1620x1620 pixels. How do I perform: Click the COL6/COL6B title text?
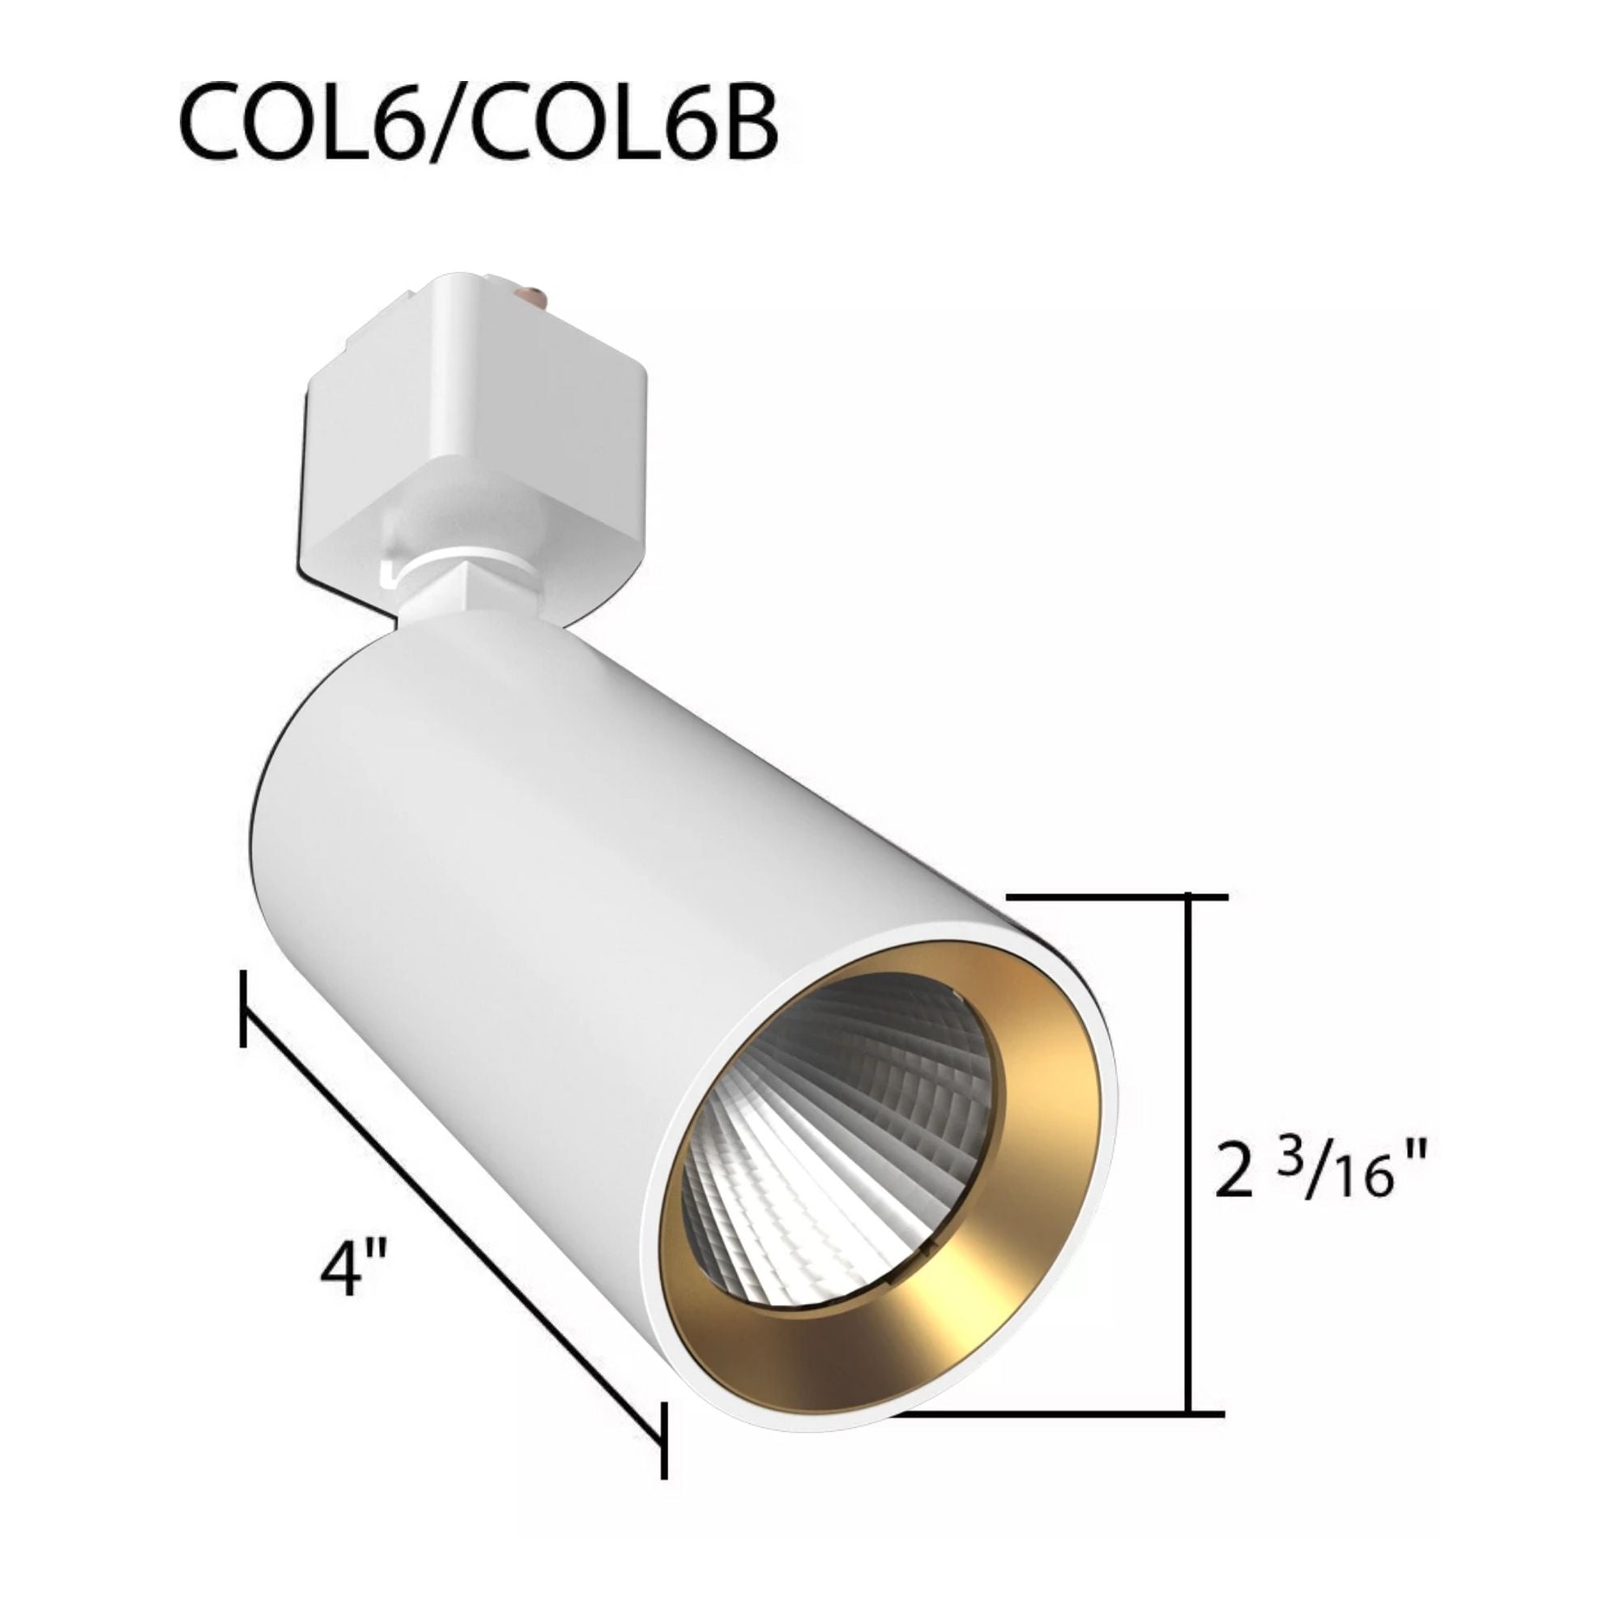click(x=480, y=122)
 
